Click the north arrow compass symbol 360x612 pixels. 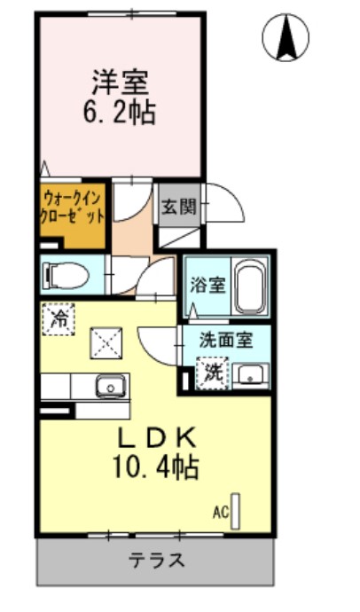[x=286, y=36]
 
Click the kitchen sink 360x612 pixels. [x=111, y=386]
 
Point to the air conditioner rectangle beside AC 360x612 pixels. [x=236, y=510]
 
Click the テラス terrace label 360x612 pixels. [x=158, y=561]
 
